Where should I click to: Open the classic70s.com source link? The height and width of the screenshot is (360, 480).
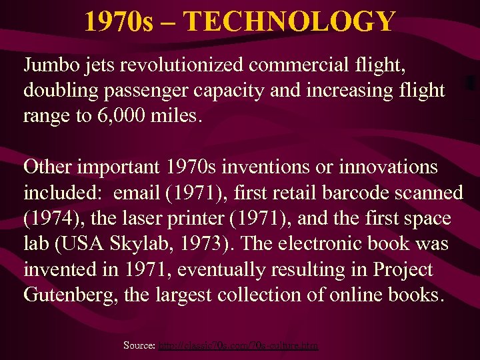[x=238, y=345]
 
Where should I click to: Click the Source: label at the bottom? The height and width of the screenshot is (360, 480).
[x=139, y=345]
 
